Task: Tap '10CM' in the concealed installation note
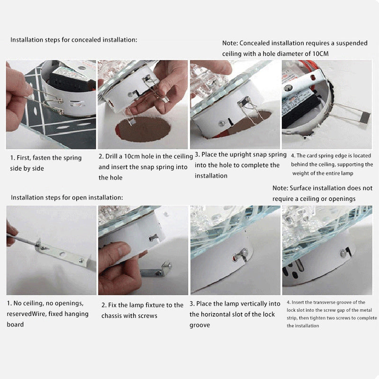[320, 54]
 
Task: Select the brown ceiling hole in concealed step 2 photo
[143, 129]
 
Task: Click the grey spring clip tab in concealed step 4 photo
[364, 118]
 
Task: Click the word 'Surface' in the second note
[300, 188]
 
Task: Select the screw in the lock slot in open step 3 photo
[244, 252]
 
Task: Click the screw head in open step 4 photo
[343, 253]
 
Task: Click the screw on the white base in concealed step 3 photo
[221, 123]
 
